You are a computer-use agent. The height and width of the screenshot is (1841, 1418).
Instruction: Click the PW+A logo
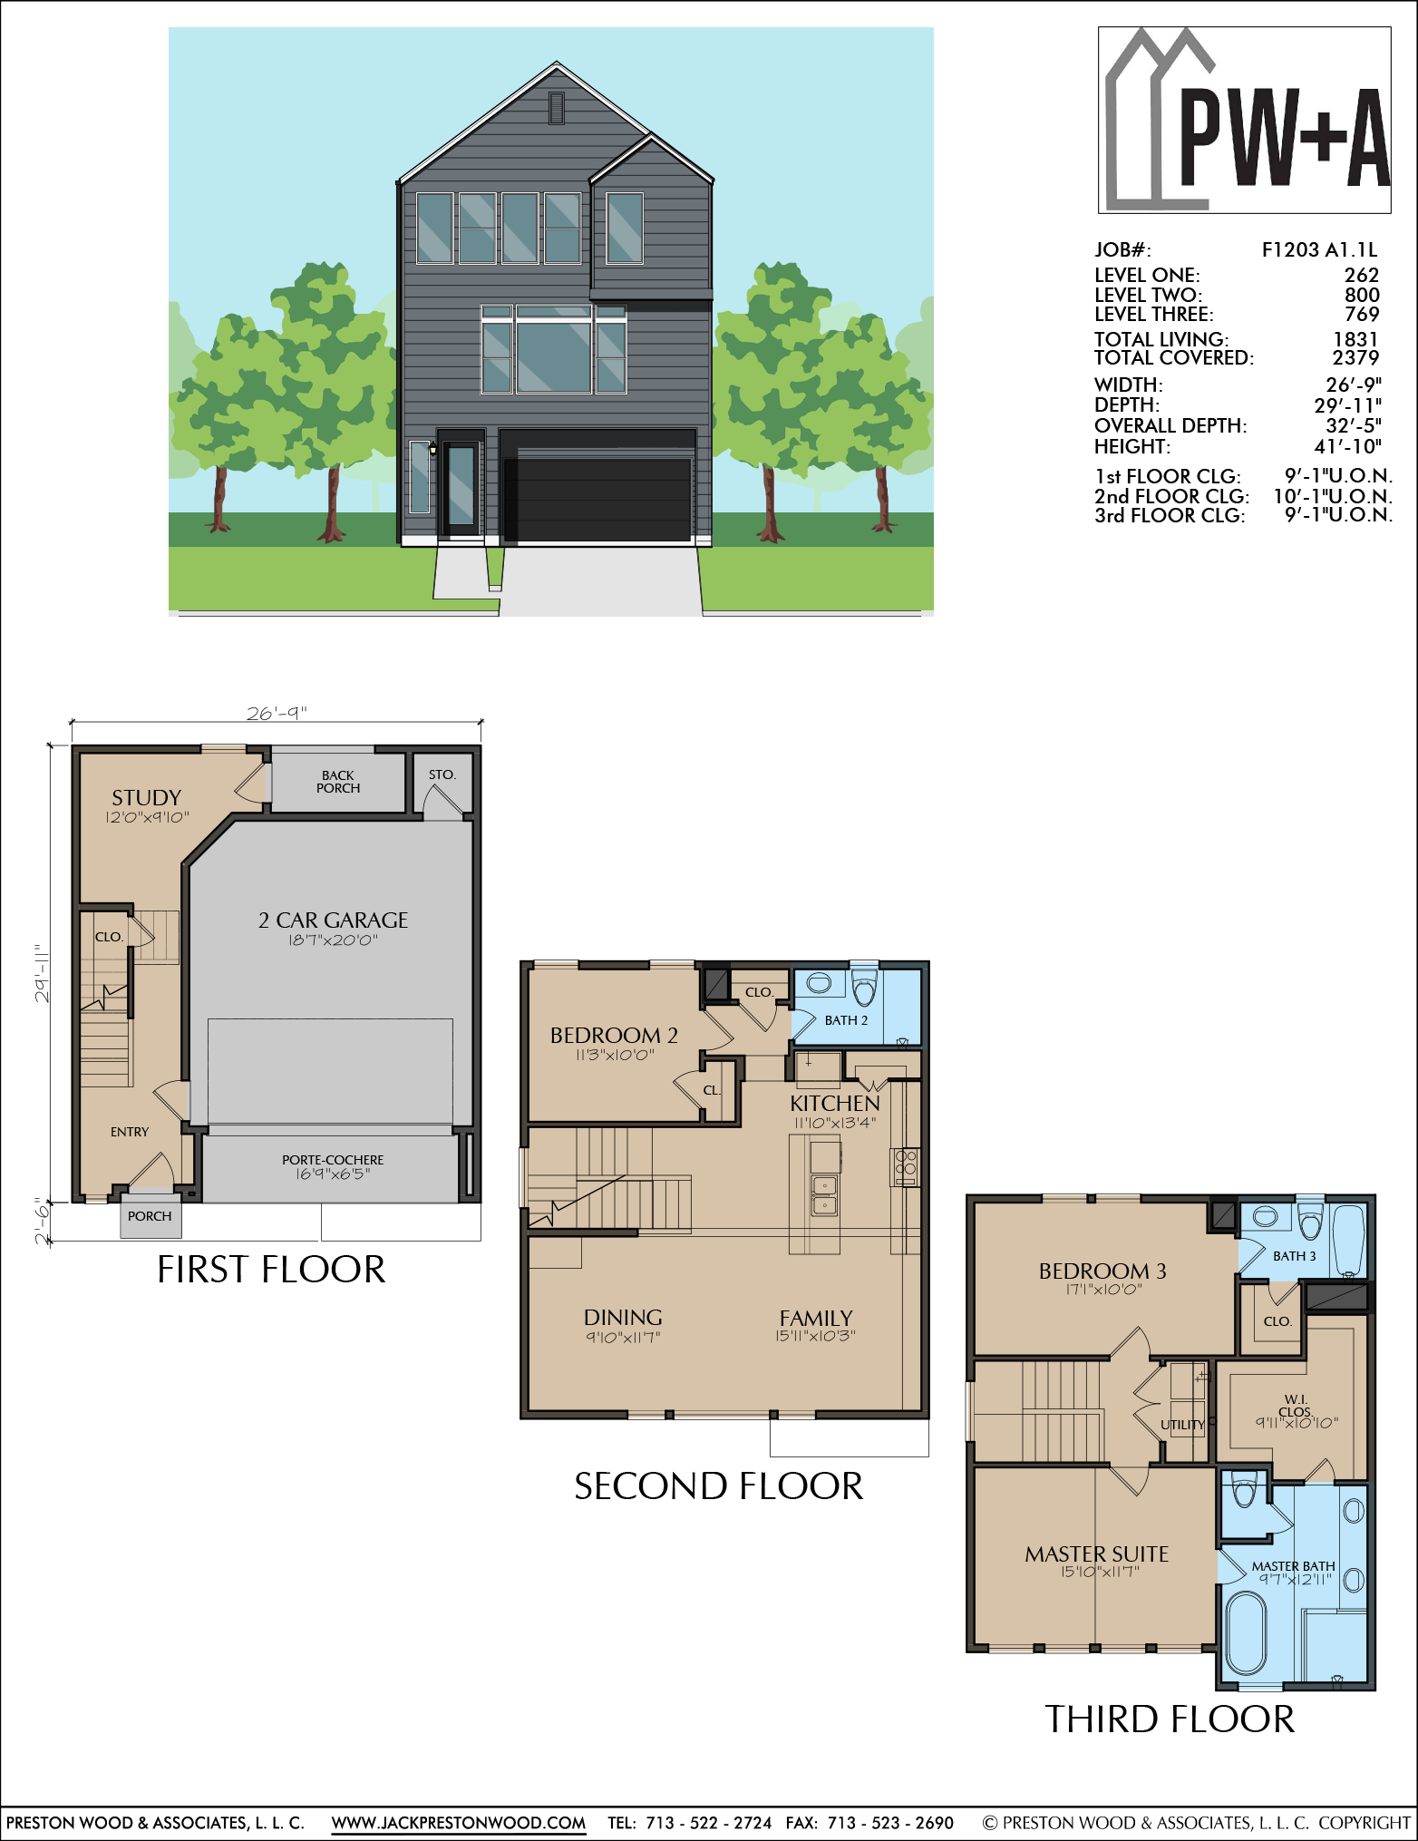[1244, 120]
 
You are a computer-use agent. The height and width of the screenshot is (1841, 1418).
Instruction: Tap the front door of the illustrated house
[461, 487]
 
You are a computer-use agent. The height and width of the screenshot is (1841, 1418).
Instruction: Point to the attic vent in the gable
[557, 108]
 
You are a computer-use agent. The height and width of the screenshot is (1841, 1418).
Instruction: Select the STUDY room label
[147, 798]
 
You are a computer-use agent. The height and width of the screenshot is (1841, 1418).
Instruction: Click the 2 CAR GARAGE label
[333, 920]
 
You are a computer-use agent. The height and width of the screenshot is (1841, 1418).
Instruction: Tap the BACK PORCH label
[338, 782]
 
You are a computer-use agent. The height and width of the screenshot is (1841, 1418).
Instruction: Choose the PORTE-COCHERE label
[333, 1160]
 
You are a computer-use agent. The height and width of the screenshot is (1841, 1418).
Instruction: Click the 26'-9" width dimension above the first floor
[277, 714]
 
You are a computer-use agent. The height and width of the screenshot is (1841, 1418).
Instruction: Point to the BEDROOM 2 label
[614, 1035]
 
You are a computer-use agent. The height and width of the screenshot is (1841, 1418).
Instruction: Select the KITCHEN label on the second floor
[834, 1104]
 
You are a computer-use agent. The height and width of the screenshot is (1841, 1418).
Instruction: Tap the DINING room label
[623, 1317]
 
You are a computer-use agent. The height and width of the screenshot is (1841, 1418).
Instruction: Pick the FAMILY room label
[816, 1318]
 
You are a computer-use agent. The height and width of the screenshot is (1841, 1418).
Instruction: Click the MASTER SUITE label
[1097, 1554]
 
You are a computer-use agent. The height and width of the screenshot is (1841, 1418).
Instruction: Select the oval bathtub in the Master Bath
[1246, 1632]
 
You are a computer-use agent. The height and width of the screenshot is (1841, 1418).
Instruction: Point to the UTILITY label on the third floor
[1182, 1425]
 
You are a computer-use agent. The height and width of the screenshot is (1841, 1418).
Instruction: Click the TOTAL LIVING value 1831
[1355, 339]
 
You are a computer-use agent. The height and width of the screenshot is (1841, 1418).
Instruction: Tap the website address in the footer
[459, 1823]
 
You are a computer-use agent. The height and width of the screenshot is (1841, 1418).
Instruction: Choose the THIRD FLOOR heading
[1170, 1719]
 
